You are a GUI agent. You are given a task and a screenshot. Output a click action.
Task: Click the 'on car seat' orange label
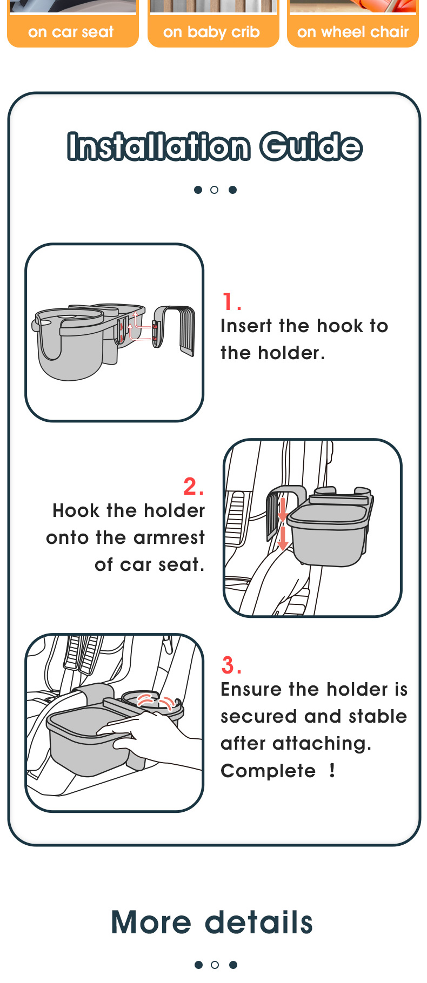click(x=71, y=32)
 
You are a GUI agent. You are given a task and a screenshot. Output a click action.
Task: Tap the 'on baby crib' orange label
click(x=211, y=32)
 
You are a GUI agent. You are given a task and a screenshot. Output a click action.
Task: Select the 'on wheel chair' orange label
click(x=353, y=32)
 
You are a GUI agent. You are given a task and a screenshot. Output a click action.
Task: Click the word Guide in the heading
click(x=311, y=146)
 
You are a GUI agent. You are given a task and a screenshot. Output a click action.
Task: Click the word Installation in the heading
click(x=159, y=146)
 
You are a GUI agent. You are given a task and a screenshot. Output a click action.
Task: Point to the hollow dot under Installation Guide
click(x=215, y=190)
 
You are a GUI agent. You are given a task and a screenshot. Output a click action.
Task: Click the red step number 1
click(x=231, y=301)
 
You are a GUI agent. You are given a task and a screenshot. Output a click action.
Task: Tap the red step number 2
click(x=194, y=486)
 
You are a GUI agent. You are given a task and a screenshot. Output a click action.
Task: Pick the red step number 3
click(x=231, y=665)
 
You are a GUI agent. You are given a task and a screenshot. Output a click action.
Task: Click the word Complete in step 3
click(x=268, y=771)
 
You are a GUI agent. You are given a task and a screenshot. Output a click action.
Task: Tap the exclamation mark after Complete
click(x=332, y=770)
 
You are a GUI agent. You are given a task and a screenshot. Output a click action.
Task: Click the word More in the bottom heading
click(x=151, y=922)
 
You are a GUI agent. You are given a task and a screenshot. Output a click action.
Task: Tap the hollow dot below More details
click(x=215, y=965)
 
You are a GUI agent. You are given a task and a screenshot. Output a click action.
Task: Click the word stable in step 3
click(x=378, y=716)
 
